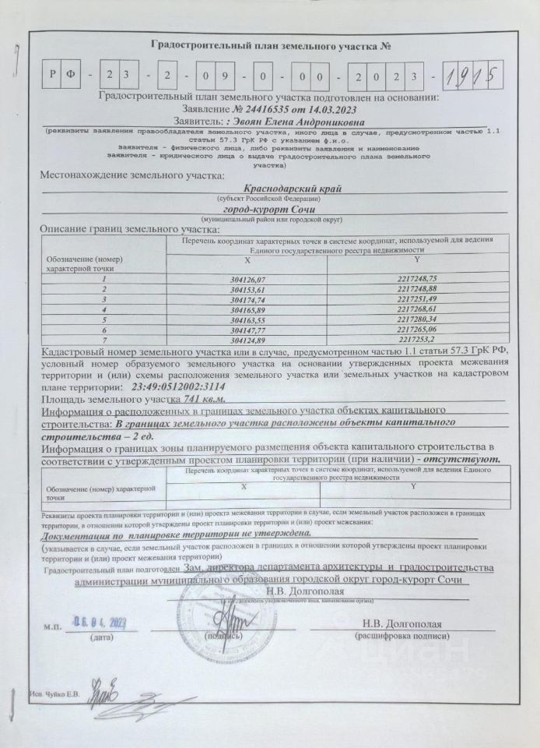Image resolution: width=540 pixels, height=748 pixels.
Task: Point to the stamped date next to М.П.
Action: pos(100,622)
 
